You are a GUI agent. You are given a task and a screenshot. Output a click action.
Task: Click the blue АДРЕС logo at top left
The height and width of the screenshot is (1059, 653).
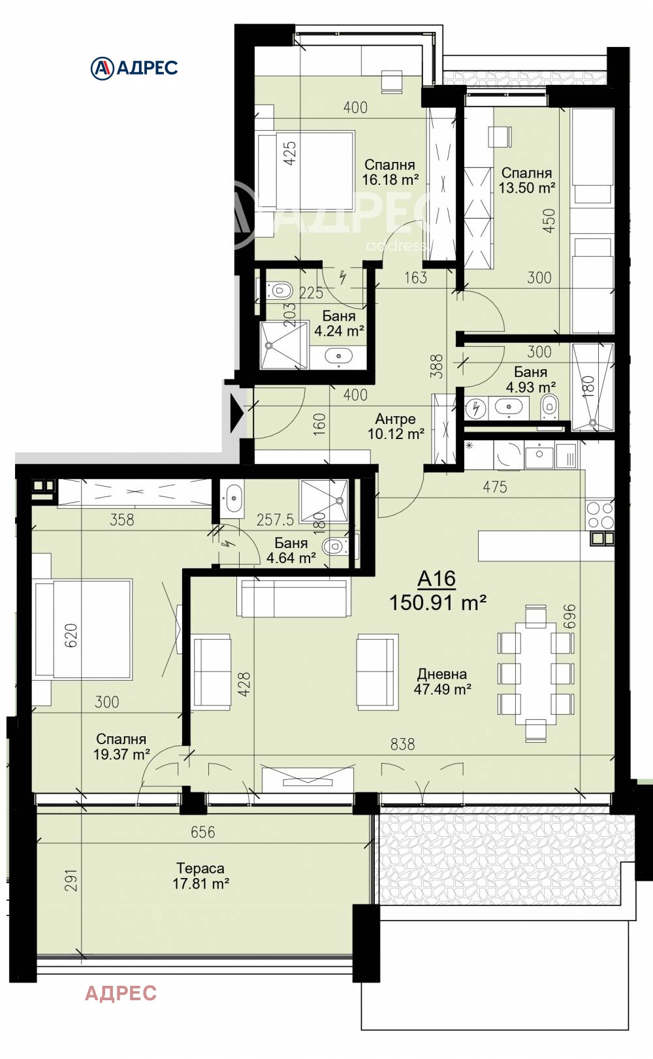134,68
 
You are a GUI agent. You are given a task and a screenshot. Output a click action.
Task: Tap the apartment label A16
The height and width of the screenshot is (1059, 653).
436,579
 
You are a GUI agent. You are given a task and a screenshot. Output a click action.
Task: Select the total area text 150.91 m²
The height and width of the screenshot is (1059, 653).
438,602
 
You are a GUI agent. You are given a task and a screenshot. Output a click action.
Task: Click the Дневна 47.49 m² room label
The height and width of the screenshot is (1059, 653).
442,681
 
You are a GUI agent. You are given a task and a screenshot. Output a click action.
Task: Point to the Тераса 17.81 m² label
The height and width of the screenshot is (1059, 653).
200,876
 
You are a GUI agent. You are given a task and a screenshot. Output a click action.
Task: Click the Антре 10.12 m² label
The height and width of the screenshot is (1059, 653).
396,427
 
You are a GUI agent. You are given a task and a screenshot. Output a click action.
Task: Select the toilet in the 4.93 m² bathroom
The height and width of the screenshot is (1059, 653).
549,406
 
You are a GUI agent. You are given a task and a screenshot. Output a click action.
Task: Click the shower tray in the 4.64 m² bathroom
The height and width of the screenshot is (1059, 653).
324,500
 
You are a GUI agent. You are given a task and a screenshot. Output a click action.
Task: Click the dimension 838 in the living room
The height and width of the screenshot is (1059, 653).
402,744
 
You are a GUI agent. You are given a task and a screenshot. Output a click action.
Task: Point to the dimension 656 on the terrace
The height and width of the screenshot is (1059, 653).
202,832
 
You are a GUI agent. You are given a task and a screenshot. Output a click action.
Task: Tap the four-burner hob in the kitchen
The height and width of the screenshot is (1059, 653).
600,515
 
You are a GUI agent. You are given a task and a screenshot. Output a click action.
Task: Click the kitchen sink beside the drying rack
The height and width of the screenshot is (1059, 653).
539,455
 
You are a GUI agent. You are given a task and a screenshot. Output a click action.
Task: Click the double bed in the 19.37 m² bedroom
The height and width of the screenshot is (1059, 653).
83,629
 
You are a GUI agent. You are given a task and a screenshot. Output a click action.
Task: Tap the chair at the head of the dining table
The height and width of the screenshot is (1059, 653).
535,616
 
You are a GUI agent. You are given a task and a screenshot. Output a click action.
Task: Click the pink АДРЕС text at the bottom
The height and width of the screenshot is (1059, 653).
121,994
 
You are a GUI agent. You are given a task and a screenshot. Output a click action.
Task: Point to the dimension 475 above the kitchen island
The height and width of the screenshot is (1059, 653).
495,487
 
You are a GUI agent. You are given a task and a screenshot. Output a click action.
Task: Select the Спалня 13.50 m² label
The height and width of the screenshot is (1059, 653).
526,180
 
